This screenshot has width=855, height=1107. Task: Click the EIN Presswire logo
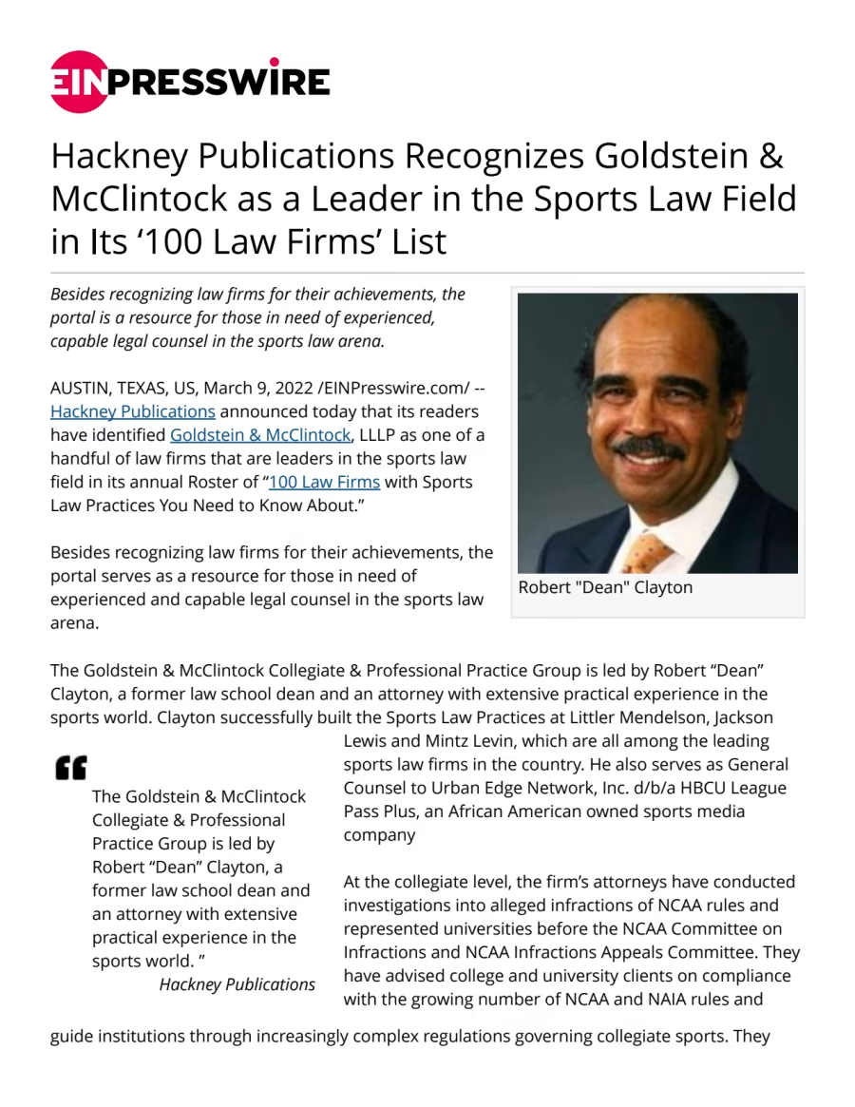point(190,82)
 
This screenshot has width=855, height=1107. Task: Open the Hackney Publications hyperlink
point(133,411)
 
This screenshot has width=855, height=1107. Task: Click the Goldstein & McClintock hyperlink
point(261,435)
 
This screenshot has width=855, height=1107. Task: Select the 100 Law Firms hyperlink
point(325,482)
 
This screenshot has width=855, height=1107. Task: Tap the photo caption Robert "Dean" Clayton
point(605,587)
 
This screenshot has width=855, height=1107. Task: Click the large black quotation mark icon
point(70,767)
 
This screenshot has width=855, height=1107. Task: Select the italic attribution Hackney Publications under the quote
point(237,984)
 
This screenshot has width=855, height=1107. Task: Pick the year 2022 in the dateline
point(290,388)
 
